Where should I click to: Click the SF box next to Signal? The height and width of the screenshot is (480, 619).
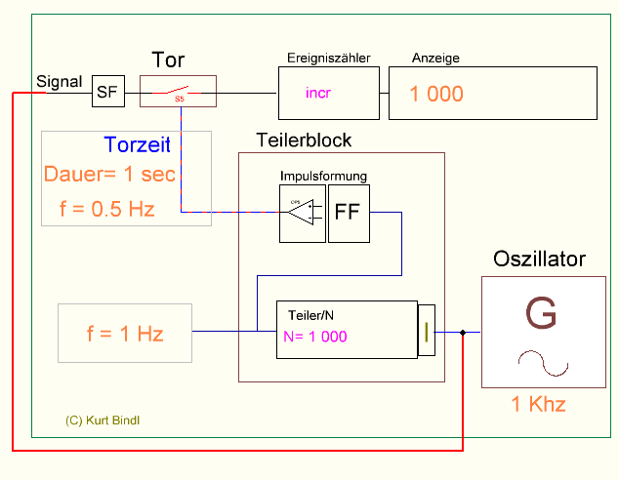point(107,93)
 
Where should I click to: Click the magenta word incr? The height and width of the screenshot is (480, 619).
point(318,93)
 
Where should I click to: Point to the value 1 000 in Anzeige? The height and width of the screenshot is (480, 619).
point(436,95)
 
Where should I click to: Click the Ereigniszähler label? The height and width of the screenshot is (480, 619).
point(328,58)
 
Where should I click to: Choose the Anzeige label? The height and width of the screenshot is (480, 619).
point(435,58)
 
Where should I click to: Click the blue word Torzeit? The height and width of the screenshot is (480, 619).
point(137,146)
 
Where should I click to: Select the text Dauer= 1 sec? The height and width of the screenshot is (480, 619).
point(109,175)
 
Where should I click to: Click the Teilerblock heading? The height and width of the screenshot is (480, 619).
point(304,140)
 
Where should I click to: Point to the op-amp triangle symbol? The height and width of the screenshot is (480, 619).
point(302,212)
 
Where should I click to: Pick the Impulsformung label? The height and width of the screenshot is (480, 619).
point(323,177)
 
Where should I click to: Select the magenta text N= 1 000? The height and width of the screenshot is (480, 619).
point(315,337)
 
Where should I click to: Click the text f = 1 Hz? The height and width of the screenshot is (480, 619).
point(125,333)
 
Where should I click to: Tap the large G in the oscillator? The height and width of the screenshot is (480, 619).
point(541,314)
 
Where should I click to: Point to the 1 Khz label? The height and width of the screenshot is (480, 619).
point(539,404)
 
